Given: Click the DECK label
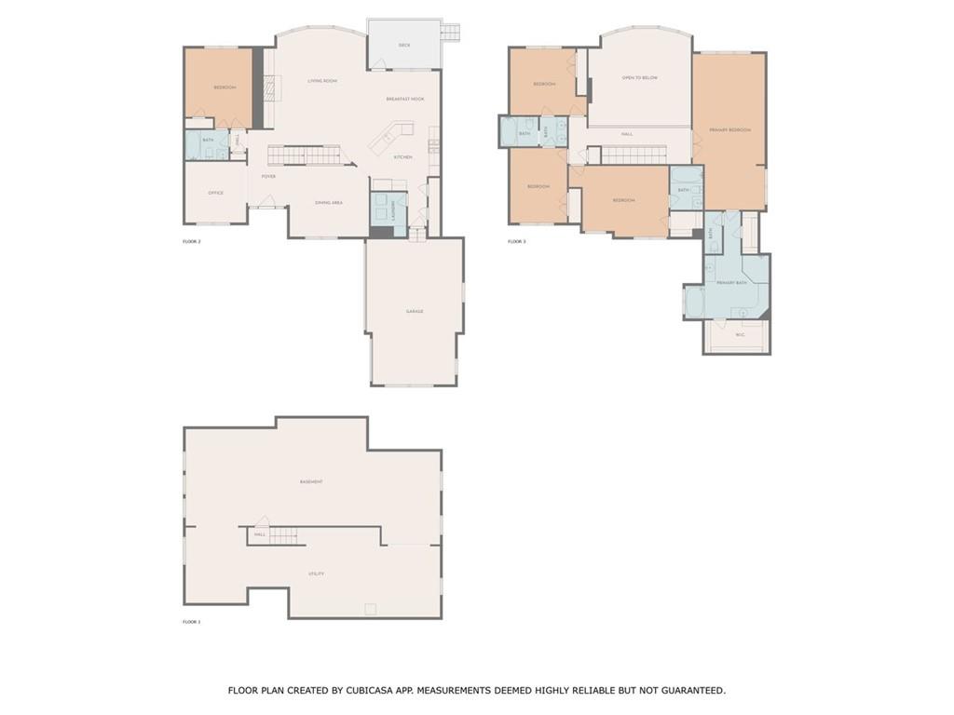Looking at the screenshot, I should (404, 45).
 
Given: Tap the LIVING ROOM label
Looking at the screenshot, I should (322, 81).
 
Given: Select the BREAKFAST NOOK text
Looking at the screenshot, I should (405, 99).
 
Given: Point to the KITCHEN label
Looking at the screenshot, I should (402, 156).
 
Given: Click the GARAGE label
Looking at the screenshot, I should (415, 311).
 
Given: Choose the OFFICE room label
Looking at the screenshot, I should (216, 193).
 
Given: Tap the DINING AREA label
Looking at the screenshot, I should (329, 202).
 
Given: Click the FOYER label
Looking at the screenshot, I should (268, 176).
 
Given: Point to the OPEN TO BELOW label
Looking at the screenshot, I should (640, 78).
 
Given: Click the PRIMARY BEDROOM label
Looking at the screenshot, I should (729, 130).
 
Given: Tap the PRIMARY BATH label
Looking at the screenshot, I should (731, 282).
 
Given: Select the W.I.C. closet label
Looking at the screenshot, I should (740, 335).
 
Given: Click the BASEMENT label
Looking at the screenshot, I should (311, 481).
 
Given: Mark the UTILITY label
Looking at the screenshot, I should (317, 573).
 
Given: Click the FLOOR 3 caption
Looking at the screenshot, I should (517, 242).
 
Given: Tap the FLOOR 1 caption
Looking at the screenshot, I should (192, 621).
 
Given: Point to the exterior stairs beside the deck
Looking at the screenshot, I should (450, 32).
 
